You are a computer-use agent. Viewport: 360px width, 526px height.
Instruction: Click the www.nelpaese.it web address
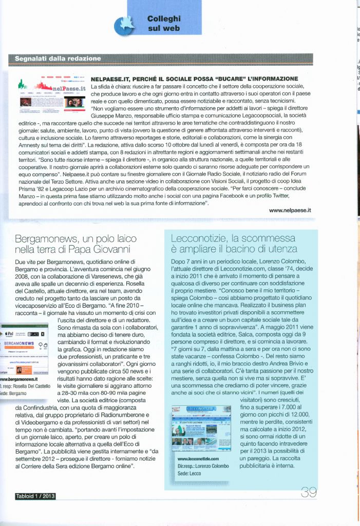(290, 210)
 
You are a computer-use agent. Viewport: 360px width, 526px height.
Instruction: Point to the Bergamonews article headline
(76, 245)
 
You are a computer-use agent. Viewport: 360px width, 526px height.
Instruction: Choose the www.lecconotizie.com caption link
(198, 459)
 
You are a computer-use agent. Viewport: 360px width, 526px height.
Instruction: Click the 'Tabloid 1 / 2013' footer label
(35, 496)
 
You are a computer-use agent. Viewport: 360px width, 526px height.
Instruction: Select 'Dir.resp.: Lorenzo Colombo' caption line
(203, 465)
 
